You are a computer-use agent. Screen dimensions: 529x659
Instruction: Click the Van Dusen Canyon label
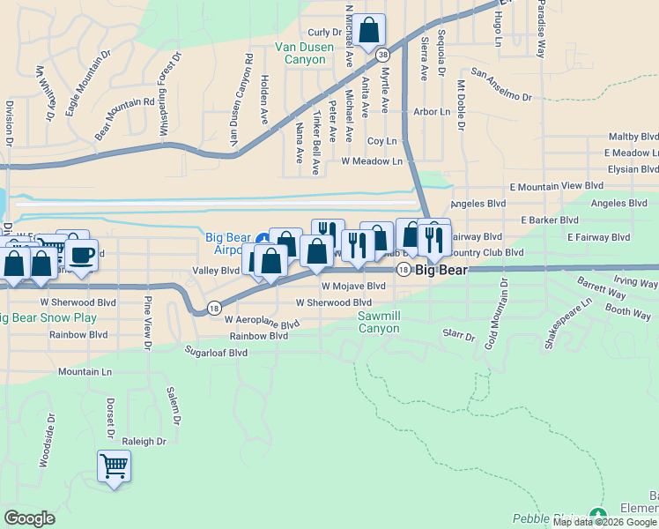pyautogui.click(x=300, y=53)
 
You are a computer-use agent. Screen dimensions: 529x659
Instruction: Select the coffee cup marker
pyautogui.click(x=82, y=256)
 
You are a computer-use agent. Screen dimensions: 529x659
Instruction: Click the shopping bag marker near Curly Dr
pyautogui.click(x=370, y=31)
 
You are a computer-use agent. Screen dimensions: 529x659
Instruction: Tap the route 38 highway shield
pyautogui.click(x=381, y=55)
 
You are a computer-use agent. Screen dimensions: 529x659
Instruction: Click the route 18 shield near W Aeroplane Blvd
pyautogui.click(x=214, y=308)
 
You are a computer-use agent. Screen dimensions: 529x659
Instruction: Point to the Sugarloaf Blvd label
pyautogui.click(x=216, y=353)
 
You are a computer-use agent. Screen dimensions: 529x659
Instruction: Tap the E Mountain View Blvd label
pyautogui.click(x=556, y=186)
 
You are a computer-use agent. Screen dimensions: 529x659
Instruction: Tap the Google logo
pyautogui.click(x=29, y=518)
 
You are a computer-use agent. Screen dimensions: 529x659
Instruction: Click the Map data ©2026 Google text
pyautogui.click(x=605, y=522)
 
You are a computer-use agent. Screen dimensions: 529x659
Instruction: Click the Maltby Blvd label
pyautogui.click(x=633, y=138)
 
